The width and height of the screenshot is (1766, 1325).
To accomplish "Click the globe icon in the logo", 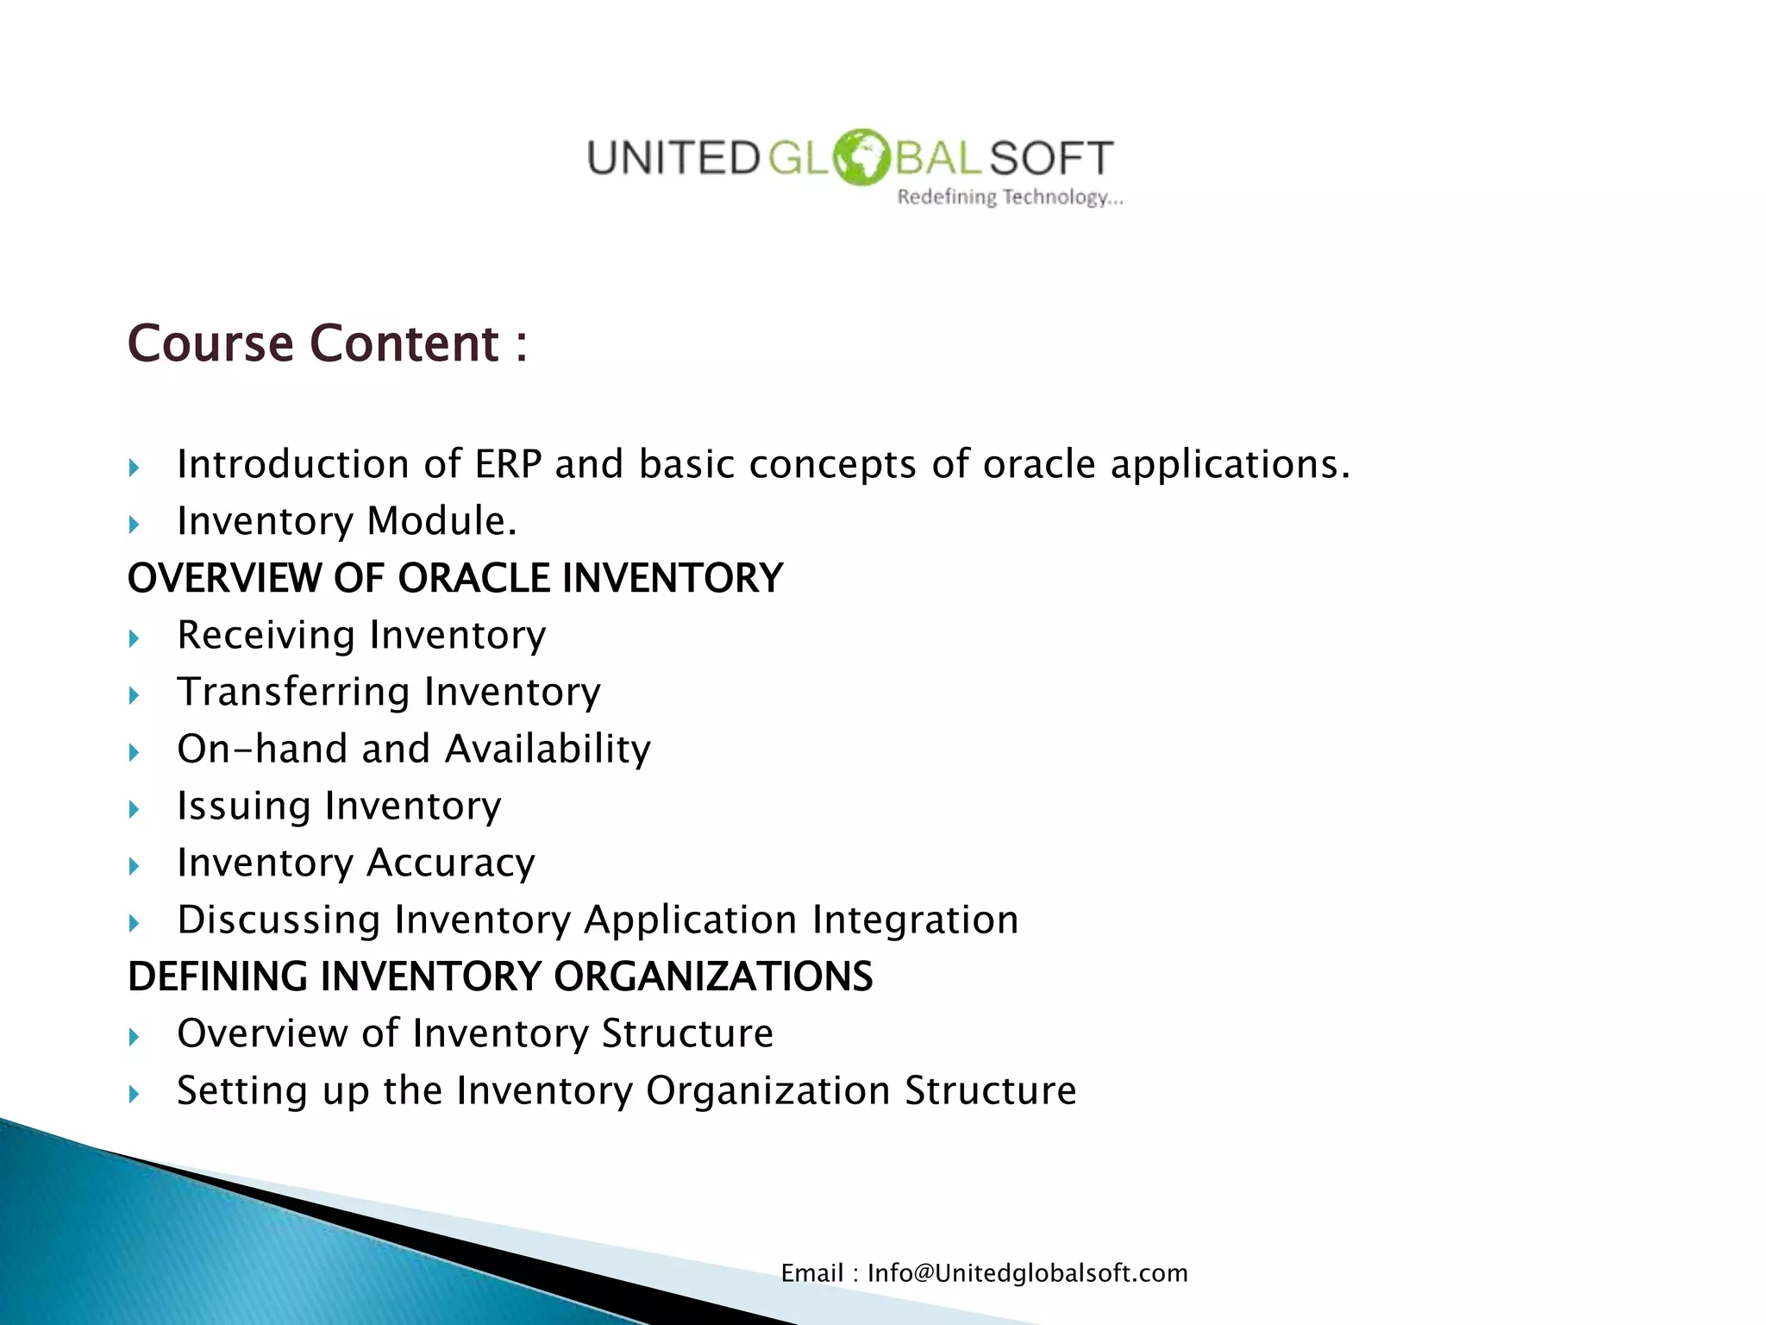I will coord(860,157).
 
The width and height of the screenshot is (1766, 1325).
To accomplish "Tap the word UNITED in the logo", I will coord(673,159).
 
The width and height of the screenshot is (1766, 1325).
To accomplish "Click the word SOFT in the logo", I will coord(1051,159).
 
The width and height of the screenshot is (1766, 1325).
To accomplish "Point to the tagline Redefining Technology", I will coord(1010,198).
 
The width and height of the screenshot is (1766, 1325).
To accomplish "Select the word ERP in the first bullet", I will coord(508,464).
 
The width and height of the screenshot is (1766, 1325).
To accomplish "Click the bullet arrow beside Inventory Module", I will coord(134,524).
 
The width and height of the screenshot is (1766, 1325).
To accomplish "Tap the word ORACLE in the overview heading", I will coord(473,578).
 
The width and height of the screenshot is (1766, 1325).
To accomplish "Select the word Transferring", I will coord(293,693).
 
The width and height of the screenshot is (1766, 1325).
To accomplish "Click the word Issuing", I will coord(243,807).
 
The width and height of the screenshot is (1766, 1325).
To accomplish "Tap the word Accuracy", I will coord(451,863).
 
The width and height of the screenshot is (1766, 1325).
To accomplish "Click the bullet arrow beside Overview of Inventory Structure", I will coord(134,1036).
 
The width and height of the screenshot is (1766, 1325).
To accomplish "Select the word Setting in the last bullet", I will coord(242,1091).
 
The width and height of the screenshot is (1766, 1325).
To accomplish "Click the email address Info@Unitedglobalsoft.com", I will coord(1027,1273).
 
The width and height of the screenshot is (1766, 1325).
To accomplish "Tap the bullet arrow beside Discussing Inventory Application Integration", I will coord(134,922).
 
